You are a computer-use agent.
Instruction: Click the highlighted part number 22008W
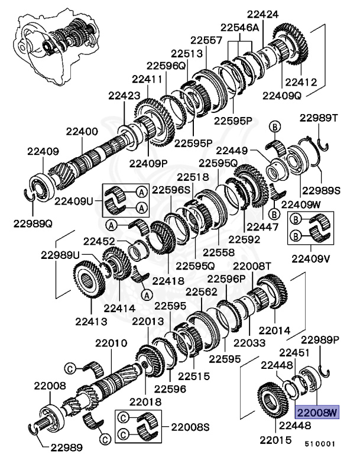tap(317, 412)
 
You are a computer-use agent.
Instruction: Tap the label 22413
tap(90, 322)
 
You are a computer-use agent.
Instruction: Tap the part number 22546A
tap(241, 27)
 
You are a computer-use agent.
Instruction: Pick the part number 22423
tap(124, 95)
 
